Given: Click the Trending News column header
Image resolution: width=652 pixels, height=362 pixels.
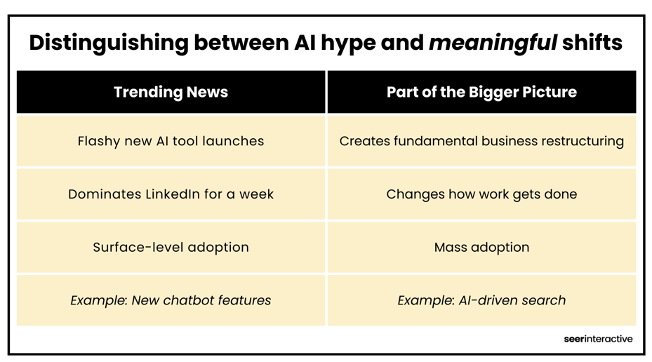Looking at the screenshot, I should pos(171,92).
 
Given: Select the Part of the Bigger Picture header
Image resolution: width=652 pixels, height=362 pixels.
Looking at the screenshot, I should pos(481,92).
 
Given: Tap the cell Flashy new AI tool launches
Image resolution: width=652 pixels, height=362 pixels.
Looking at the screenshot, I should pos(171,141).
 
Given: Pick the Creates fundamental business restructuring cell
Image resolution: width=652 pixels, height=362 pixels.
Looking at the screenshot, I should pos(481,141).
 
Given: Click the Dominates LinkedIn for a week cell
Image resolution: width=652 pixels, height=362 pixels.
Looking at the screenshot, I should pos(171,194).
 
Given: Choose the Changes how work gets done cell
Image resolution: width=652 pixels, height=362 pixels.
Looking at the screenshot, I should pos(481,194).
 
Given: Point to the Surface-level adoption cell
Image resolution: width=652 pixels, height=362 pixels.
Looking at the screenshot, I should pos(171,247).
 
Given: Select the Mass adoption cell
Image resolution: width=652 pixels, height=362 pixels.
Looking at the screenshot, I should pos(481,247).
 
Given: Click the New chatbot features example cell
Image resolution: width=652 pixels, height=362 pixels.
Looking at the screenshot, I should pos(171,300).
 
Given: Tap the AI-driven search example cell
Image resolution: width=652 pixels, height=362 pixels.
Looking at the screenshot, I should pos(481,300).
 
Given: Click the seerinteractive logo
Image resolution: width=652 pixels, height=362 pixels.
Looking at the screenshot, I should pos(598,339).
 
